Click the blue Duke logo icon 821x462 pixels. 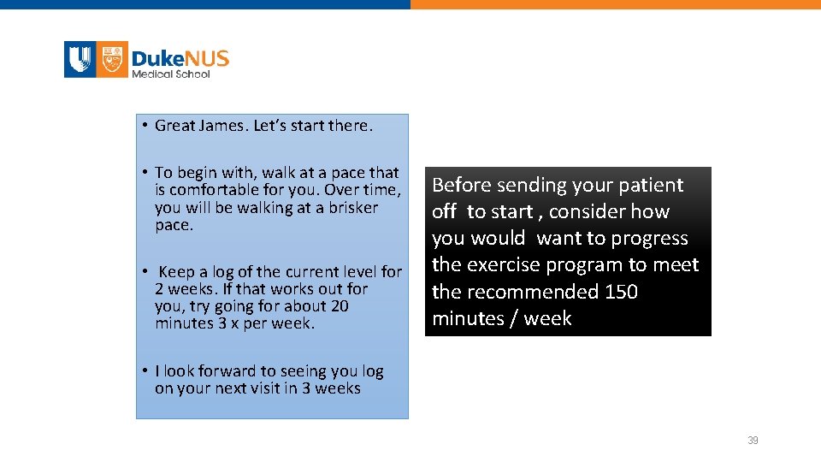(x=80, y=60)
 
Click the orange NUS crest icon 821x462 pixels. (x=112, y=60)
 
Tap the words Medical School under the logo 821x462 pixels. (x=171, y=74)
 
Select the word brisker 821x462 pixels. (x=351, y=208)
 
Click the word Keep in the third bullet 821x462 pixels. (x=175, y=272)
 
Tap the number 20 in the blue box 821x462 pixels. (x=340, y=306)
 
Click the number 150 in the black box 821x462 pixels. (x=621, y=292)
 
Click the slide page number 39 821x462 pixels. (x=753, y=441)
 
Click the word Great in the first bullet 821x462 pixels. (x=175, y=126)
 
